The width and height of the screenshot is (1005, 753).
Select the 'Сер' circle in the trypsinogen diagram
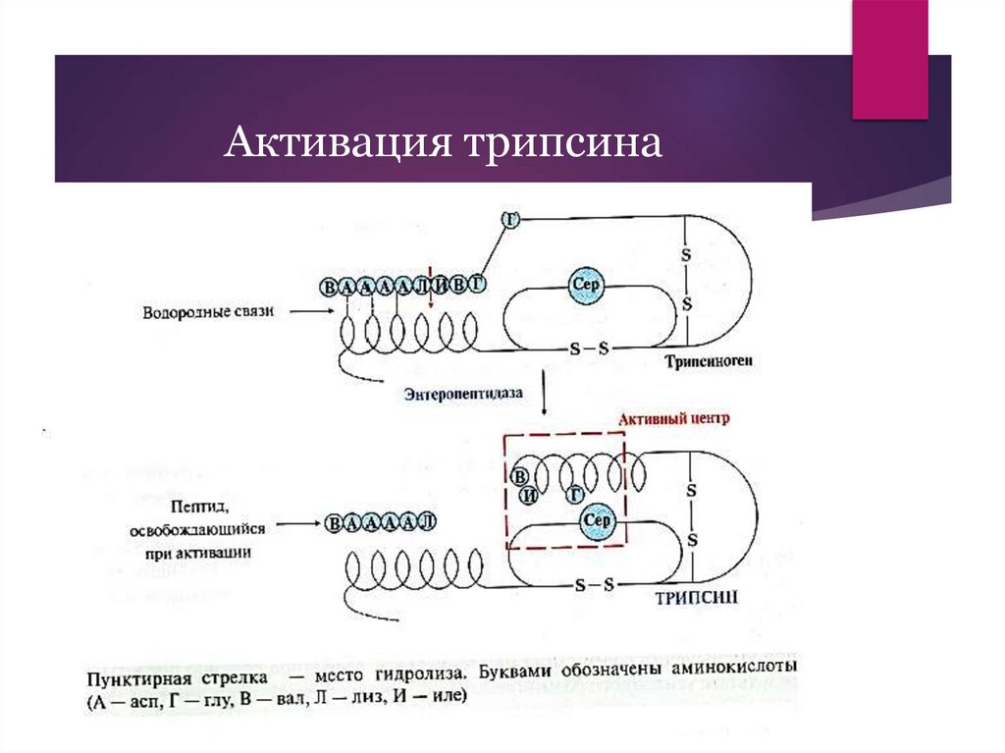[586, 287]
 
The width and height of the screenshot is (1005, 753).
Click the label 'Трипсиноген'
[708, 361]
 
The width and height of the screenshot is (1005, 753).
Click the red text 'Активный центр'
[675, 418]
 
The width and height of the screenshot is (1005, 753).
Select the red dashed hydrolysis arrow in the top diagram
[430, 295]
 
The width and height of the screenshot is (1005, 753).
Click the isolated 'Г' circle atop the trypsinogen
[509, 218]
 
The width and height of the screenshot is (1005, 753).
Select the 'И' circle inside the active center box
[529, 494]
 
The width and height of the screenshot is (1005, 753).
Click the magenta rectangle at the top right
[889, 59]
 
